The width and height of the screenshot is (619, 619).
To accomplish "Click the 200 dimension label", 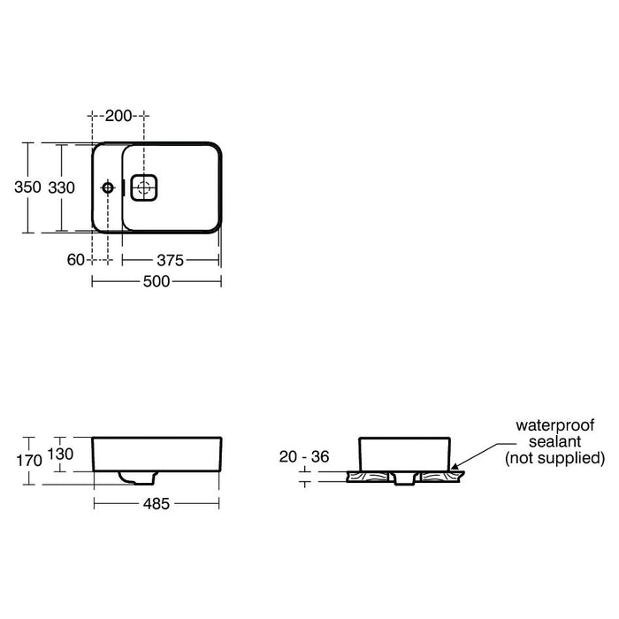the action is pos(118,116).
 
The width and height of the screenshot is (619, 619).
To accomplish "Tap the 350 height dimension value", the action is pos(27,187).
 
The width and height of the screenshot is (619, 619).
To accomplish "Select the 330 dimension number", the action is pos(62,187).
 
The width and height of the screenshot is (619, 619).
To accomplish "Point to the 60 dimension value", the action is pos(76,260).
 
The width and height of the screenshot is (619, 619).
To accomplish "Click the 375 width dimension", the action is pos(170,260).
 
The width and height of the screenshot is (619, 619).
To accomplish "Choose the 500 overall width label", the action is pos(157,281).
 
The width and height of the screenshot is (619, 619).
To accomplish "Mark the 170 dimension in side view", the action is pos(29,461).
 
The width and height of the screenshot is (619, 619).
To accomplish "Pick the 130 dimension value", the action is pos(60,454).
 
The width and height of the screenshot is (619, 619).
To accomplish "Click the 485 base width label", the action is pos(157,504).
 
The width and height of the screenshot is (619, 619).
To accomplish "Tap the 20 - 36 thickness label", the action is pos(304,457).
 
